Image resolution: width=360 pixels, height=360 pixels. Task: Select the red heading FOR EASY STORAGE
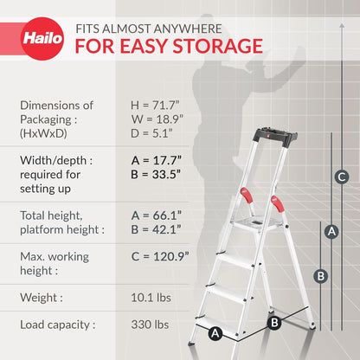[x=170, y=45]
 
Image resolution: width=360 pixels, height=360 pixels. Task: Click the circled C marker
[x=342, y=177]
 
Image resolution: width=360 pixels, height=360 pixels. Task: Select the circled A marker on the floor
[x=215, y=331]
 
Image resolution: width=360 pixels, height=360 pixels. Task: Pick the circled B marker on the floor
[x=274, y=323]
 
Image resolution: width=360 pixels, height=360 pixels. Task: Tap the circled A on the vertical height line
[x=330, y=231]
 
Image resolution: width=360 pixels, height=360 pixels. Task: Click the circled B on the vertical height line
[x=319, y=275]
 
